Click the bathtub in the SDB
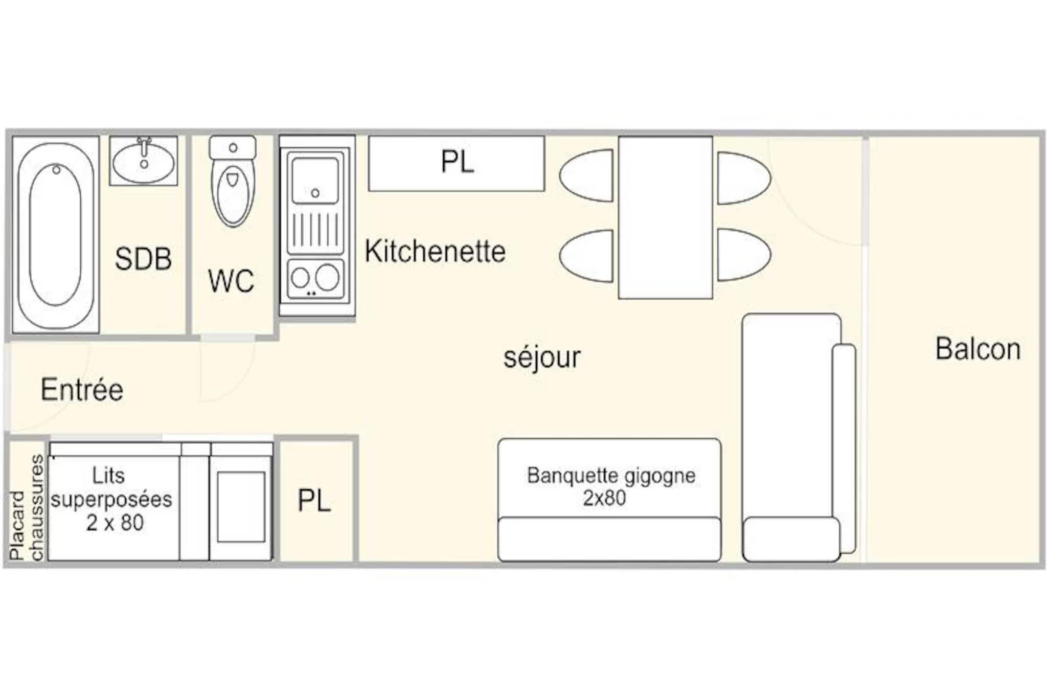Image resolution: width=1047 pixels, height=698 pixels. [x=55, y=235]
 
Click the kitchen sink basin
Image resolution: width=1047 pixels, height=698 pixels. [x=315, y=180]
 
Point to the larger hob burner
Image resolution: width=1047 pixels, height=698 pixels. [x=327, y=277]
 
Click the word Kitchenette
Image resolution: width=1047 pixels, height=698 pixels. [x=435, y=252]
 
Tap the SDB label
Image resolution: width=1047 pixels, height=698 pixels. [x=143, y=259]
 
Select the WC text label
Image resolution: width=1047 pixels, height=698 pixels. [x=231, y=281]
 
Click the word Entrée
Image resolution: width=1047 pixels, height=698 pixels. [x=82, y=390]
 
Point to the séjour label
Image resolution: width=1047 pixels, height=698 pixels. [x=542, y=357]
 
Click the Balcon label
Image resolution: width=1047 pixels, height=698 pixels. [x=978, y=349]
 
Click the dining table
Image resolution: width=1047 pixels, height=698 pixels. [x=666, y=217]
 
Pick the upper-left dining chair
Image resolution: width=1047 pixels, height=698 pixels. [x=586, y=175]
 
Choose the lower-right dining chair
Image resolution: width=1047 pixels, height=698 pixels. [x=744, y=255]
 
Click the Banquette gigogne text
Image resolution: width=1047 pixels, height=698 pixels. [x=611, y=487]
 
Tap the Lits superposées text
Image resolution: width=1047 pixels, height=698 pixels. [x=111, y=499]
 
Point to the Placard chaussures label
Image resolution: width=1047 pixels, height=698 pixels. [x=27, y=507]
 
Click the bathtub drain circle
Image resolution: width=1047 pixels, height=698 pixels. [x=56, y=169]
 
